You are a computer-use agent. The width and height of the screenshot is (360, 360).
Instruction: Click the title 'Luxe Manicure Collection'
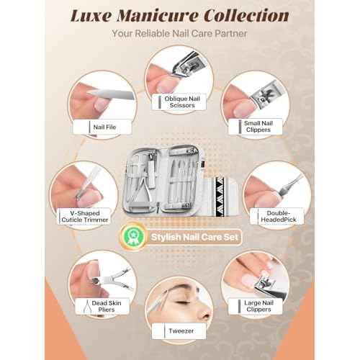(x=180, y=16)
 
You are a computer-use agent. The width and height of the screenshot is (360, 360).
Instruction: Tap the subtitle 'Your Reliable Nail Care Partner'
(x=180, y=34)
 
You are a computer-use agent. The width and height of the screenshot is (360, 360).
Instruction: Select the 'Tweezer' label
(x=183, y=332)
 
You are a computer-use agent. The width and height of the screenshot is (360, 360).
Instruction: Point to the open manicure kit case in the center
(x=180, y=180)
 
